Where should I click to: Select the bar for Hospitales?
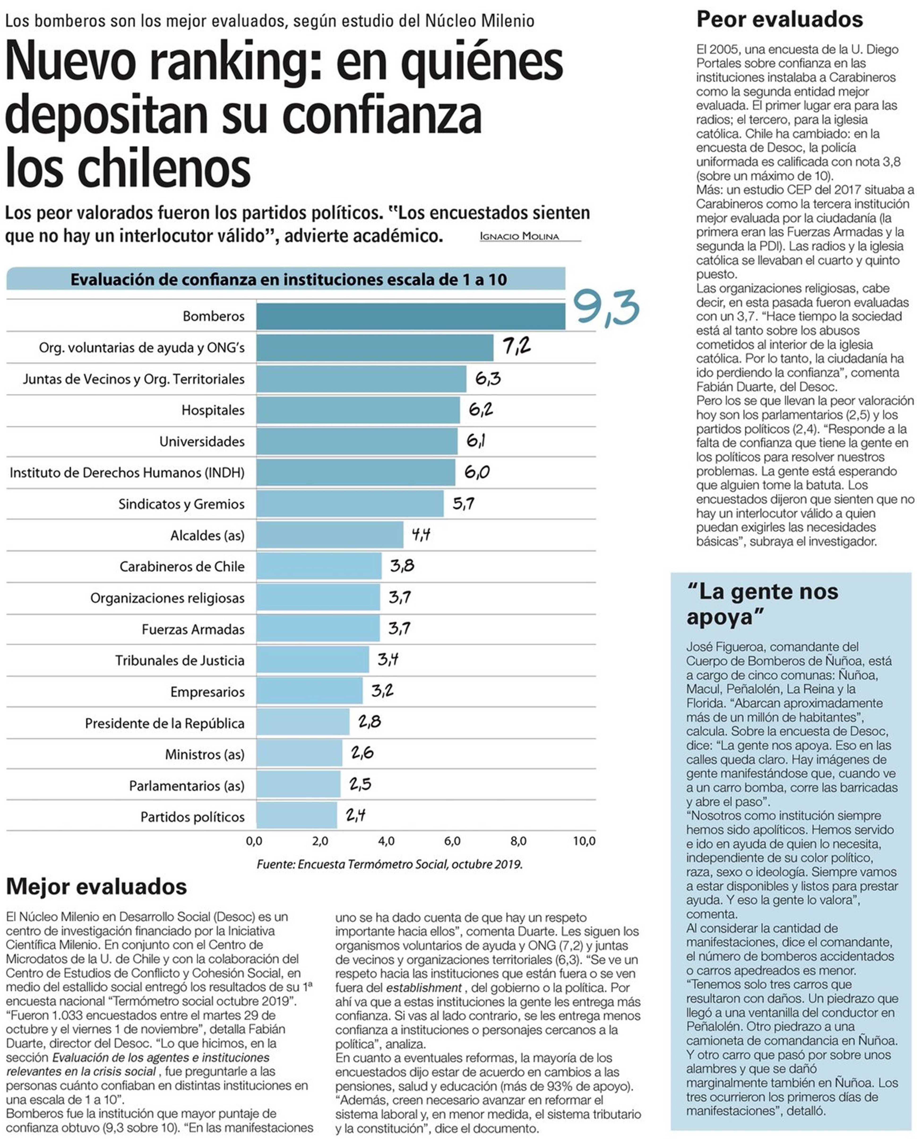[358, 410]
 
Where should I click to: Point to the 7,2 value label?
[516, 347]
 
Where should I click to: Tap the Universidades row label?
[202, 442]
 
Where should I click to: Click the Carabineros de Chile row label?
[182, 567]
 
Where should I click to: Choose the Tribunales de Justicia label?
[180, 660]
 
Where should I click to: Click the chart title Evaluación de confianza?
[288, 279]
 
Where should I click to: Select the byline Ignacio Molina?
[519, 236]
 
